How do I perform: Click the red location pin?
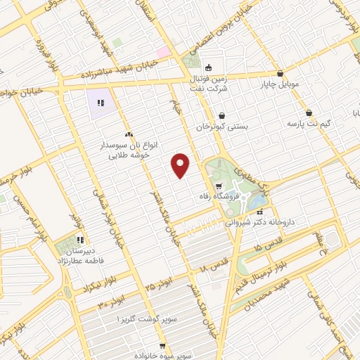tap(181, 165)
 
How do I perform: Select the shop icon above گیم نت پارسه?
tap(309, 113)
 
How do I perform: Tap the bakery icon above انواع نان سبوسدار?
tap(128, 134)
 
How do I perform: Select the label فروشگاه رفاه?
tap(238, 195)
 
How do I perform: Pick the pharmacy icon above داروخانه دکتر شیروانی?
tap(259, 211)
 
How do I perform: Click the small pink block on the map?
tap(163, 52)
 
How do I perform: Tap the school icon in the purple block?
tap(100, 104)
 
